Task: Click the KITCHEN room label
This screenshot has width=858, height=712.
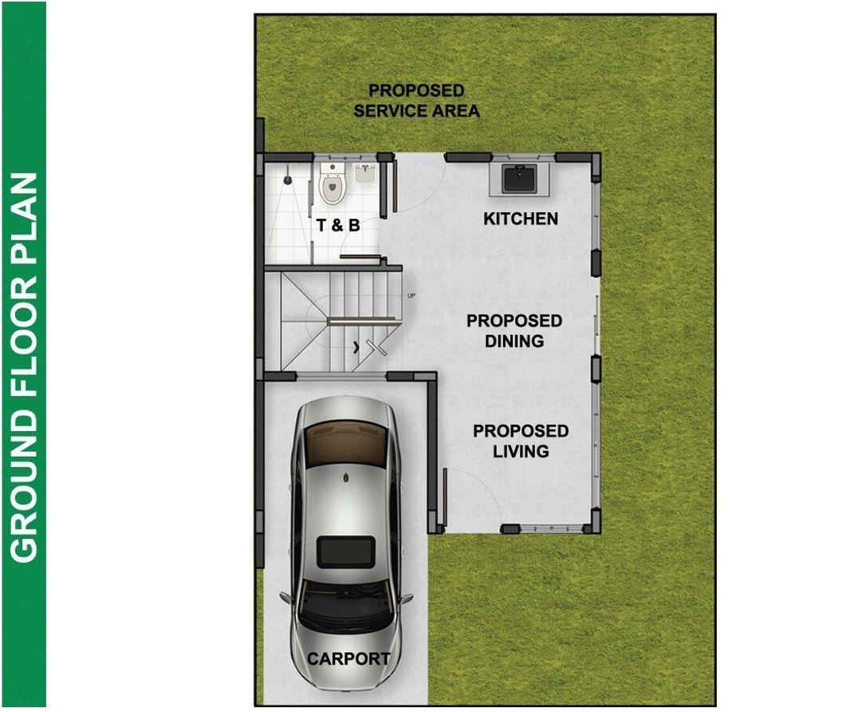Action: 521,219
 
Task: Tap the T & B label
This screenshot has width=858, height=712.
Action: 338,224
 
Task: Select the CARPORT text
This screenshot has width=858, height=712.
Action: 348,659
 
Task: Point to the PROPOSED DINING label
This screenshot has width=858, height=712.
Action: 514,330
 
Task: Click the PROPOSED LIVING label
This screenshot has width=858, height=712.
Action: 521,441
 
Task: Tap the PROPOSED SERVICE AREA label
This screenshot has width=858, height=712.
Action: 416,101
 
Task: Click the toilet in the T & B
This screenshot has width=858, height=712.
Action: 332,183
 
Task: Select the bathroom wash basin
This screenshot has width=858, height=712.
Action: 365,173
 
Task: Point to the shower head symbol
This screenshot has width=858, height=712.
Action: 287,179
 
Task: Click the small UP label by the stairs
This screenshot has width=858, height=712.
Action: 411,296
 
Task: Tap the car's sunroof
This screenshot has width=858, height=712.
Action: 346,552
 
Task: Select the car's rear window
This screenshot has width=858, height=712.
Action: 345,445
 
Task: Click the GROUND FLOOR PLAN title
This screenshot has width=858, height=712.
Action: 24,368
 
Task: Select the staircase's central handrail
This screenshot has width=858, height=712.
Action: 360,320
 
